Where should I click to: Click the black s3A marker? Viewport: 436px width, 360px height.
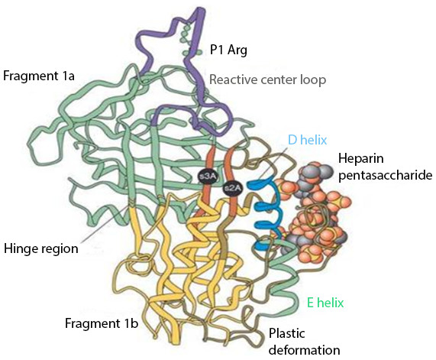point(207,176)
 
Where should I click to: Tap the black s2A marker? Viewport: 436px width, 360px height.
point(232,189)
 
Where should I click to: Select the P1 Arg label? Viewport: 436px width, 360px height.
point(228,50)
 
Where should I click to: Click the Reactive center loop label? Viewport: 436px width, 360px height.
point(267,79)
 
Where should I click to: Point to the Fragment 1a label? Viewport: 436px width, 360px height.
point(39,76)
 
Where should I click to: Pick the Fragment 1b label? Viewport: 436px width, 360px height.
point(102,323)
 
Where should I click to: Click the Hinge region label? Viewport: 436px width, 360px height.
point(41,248)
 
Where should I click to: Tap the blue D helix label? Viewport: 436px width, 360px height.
point(307,140)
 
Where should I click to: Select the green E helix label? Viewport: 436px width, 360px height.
point(325,303)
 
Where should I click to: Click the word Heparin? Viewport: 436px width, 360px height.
point(361,159)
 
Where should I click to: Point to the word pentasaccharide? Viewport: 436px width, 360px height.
point(386,175)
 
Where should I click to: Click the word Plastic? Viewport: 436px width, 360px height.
point(286,333)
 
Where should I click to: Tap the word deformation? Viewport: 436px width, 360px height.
point(304,350)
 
